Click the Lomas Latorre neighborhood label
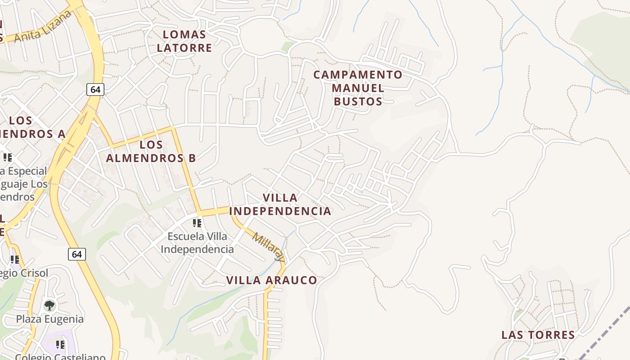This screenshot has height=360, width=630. pyautogui.click(x=184, y=41)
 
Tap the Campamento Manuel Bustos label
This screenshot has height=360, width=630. pyautogui.click(x=358, y=88)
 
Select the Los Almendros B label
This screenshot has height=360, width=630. pyautogui.click(x=151, y=151)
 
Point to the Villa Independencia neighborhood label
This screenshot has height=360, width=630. pyautogui.click(x=280, y=204)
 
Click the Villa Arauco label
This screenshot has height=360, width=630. pyautogui.click(x=271, y=280)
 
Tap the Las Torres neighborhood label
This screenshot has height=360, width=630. pyautogui.click(x=538, y=335)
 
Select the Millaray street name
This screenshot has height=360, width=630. pyautogui.click(x=269, y=247)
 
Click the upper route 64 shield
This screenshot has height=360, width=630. pyautogui.click(x=95, y=90)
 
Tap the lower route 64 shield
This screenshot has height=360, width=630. pyautogui.click(x=77, y=254)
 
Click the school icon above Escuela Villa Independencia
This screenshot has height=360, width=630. pyautogui.click(x=197, y=223)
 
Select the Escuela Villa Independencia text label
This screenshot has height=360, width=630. pyautogui.click(x=197, y=243)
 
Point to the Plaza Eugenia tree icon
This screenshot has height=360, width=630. pyautogui.click(x=49, y=306)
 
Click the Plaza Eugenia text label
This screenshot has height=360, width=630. pyautogui.click(x=50, y=319)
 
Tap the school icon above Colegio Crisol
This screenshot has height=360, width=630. pyautogui.click(x=15, y=260)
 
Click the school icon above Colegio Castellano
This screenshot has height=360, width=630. pyautogui.click(x=60, y=345)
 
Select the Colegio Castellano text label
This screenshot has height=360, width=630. pyautogui.click(x=60, y=356)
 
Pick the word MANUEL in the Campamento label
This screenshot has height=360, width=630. pyautogui.click(x=358, y=88)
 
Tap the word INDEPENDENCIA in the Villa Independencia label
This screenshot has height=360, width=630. pyautogui.click(x=280, y=211)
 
